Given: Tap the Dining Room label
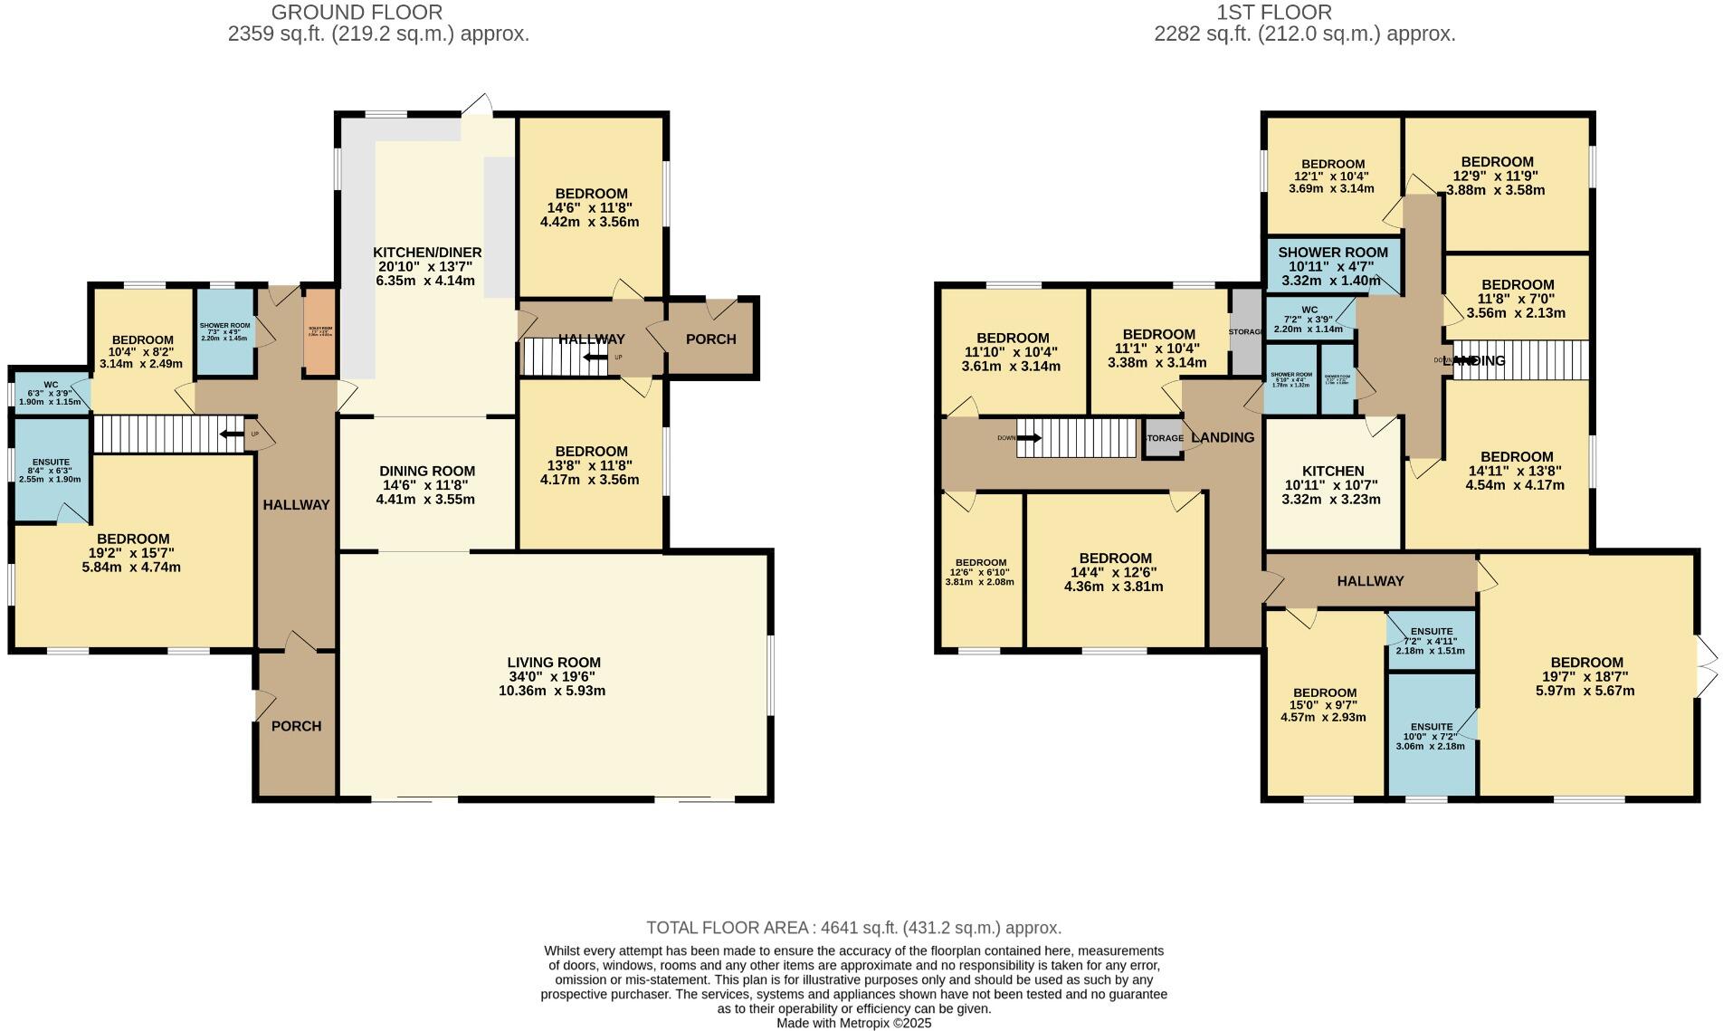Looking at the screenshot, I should click(x=426, y=471).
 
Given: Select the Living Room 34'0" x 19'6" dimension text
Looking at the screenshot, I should click(x=551, y=676).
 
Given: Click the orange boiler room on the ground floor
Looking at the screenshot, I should click(x=319, y=332).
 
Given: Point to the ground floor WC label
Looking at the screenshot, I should click(x=50, y=385).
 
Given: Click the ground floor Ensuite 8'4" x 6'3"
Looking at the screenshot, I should click(x=51, y=470).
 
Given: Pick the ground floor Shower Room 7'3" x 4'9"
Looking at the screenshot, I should click(x=225, y=330).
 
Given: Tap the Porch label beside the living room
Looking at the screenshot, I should click(x=296, y=726).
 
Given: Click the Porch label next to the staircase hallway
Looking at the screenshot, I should click(x=710, y=339).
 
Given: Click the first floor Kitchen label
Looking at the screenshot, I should click(x=1332, y=471).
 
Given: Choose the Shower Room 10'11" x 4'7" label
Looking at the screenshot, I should click(x=1332, y=253).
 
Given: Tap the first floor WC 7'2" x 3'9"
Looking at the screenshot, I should click(x=1309, y=318).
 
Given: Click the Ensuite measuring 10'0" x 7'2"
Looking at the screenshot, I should click(x=1431, y=736).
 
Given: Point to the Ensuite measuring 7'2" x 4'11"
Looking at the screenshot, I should click(x=1431, y=640).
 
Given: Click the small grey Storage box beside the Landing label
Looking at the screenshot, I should click(x=1164, y=438).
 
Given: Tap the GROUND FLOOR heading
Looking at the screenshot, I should click(x=357, y=13).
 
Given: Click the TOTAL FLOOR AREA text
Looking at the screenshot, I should click(x=853, y=928).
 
